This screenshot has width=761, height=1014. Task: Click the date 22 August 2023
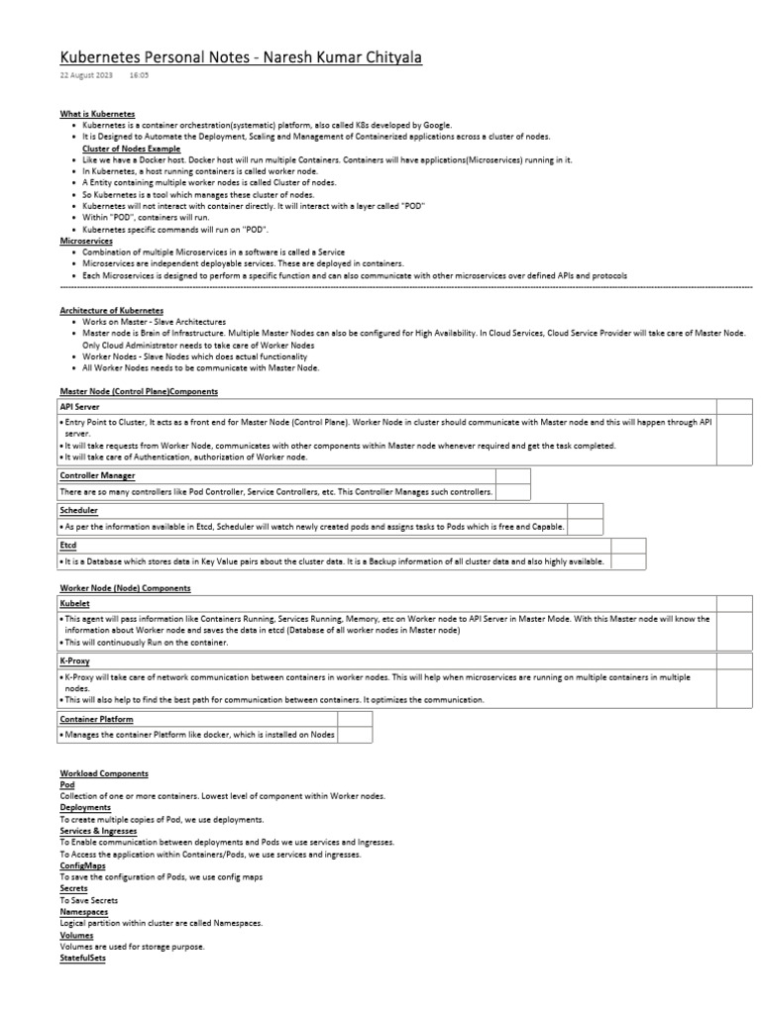(x=86, y=75)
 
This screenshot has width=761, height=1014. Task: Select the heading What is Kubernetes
(x=97, y=115)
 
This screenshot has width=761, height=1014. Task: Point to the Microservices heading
(x=86, y=241)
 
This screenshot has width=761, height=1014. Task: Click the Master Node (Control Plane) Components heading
(x=138, y=392)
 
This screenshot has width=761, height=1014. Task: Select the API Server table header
(x=80, y=406)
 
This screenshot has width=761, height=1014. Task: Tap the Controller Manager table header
(x=97, y=475)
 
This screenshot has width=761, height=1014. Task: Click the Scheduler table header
(x=79, y=510)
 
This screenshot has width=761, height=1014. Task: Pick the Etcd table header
(x=68, y=545)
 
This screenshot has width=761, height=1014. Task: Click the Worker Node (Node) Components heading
(x=125, y=588)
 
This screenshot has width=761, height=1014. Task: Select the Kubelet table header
(x=75, y=603)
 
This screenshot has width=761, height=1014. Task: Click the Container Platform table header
(x=96, y=719)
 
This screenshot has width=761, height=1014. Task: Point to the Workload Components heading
(x=104, y=772)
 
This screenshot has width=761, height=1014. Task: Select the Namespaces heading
(x=84, y=912)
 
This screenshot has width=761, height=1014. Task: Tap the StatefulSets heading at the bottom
(x=82, y=959)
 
